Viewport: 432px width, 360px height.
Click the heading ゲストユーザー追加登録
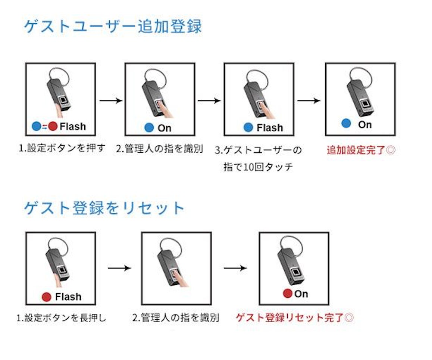click(113, 27)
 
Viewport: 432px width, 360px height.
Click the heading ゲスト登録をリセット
click(104, 208)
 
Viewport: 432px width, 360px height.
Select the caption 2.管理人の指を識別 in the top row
click(160, 149)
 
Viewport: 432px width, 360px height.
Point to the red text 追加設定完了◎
click(361, 150)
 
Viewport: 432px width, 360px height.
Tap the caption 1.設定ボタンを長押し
click(61, 318)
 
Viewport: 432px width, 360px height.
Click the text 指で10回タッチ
click(258, 167)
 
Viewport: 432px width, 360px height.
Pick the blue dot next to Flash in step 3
click(248, 127)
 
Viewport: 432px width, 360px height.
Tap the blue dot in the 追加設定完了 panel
click(347, 124)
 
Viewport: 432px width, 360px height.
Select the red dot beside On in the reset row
click(287, 294)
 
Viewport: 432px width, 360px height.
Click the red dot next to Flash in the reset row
click(47, 297)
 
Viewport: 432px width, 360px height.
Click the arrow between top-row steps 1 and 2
click(111, 100)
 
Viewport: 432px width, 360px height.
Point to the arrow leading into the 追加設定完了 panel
click(309, 101)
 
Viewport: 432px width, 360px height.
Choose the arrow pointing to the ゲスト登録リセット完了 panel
click(235, 268)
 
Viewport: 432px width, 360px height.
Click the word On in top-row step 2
click(164, 128)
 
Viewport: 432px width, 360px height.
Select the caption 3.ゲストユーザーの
click(258, 150)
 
